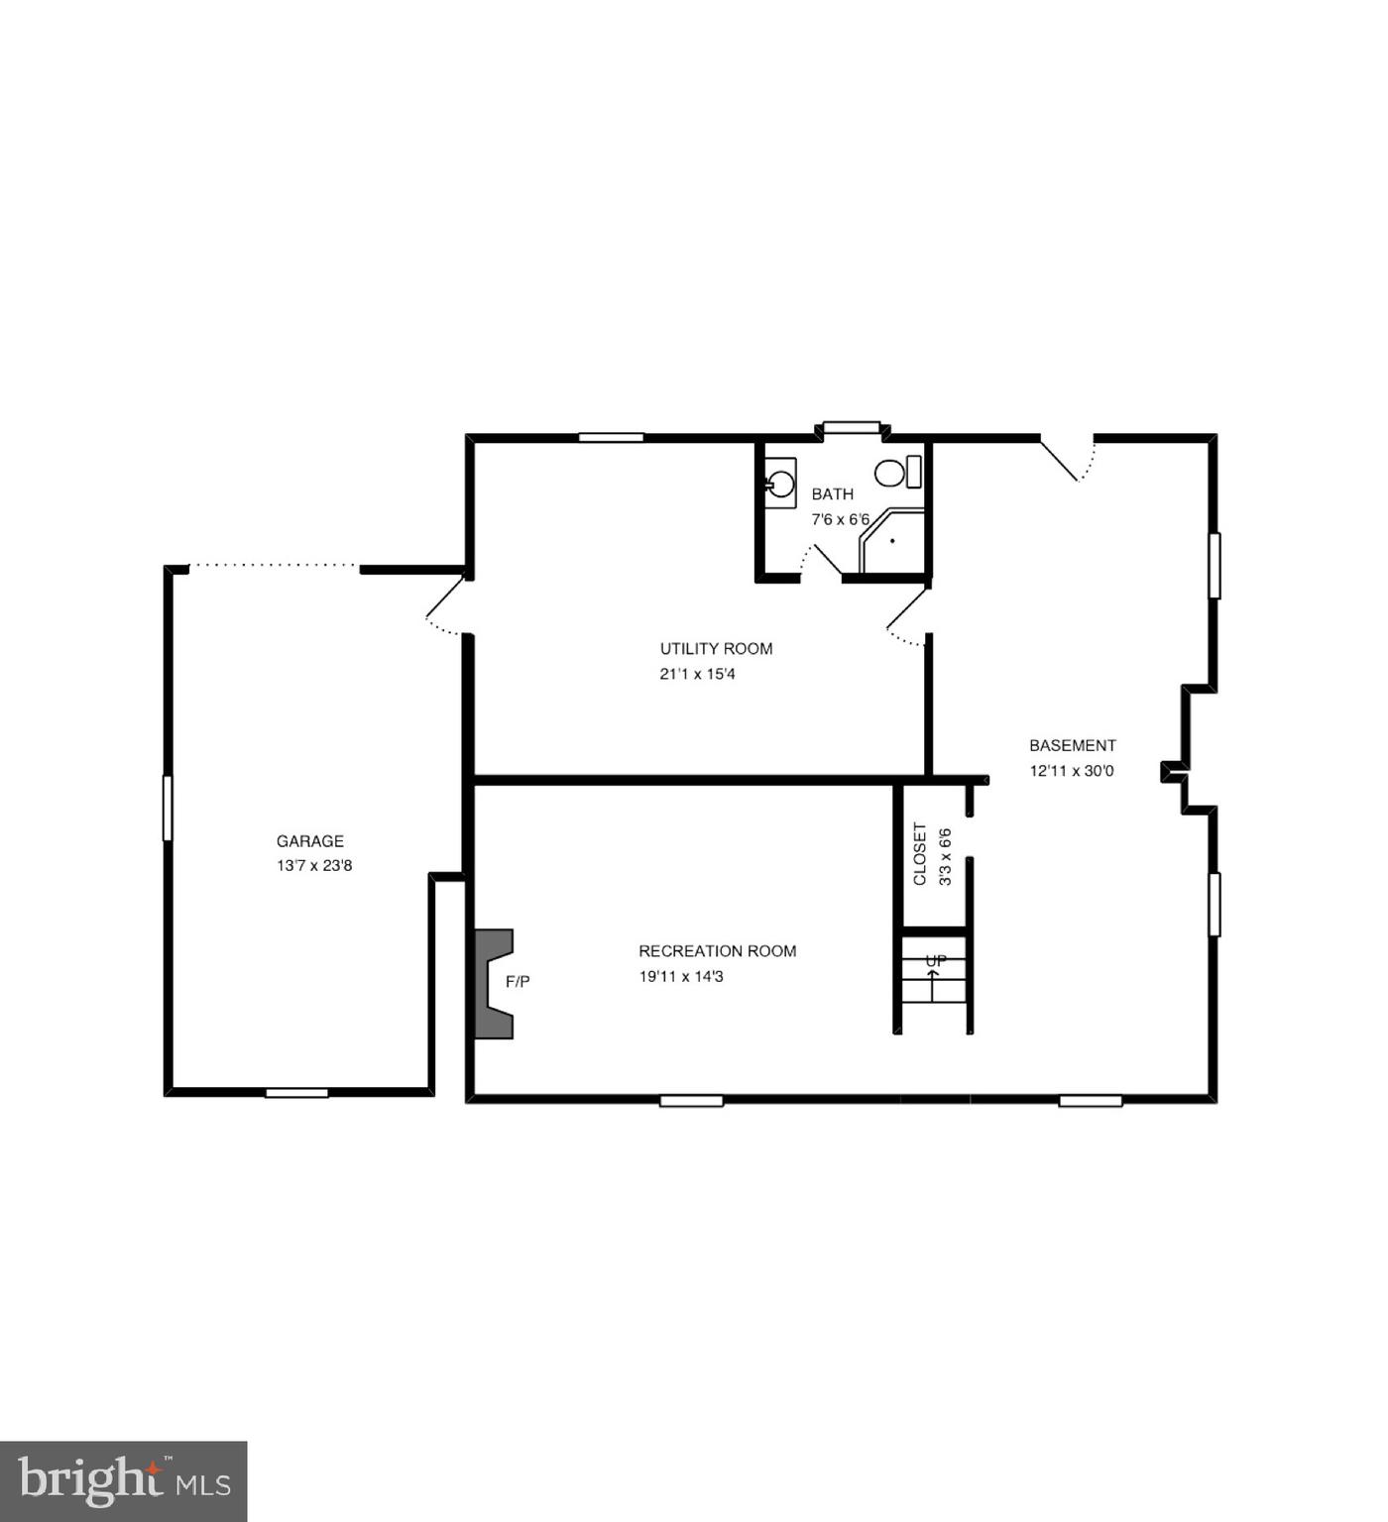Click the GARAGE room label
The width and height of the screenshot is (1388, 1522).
(309, 841)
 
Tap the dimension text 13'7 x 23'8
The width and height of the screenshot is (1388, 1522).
(314, 866)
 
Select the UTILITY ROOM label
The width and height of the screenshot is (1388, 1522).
(716, 649)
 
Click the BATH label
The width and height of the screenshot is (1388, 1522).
(832, 494)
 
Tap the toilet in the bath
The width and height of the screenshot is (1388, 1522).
(896, 473)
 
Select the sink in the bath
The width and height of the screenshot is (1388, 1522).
(780, 484)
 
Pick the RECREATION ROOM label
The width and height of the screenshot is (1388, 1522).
(717, 951)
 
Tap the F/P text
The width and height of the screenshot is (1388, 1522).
(518, 982)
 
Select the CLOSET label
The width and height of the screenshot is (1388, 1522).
(920, 854)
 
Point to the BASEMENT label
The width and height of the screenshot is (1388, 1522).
(1072, 746)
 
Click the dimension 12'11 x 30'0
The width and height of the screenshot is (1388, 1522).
(1071, 771)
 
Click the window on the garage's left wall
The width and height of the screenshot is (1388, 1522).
(168, 809)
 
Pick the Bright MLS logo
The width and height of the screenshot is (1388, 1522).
(123, 1481)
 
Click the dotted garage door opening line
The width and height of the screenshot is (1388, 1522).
(275, 566)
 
